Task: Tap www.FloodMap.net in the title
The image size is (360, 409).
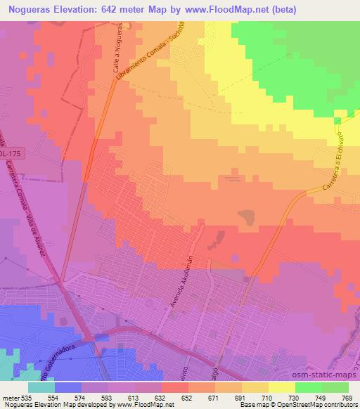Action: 224,10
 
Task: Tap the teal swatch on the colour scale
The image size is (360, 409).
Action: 41,387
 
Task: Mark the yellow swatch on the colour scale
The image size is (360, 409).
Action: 281,387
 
